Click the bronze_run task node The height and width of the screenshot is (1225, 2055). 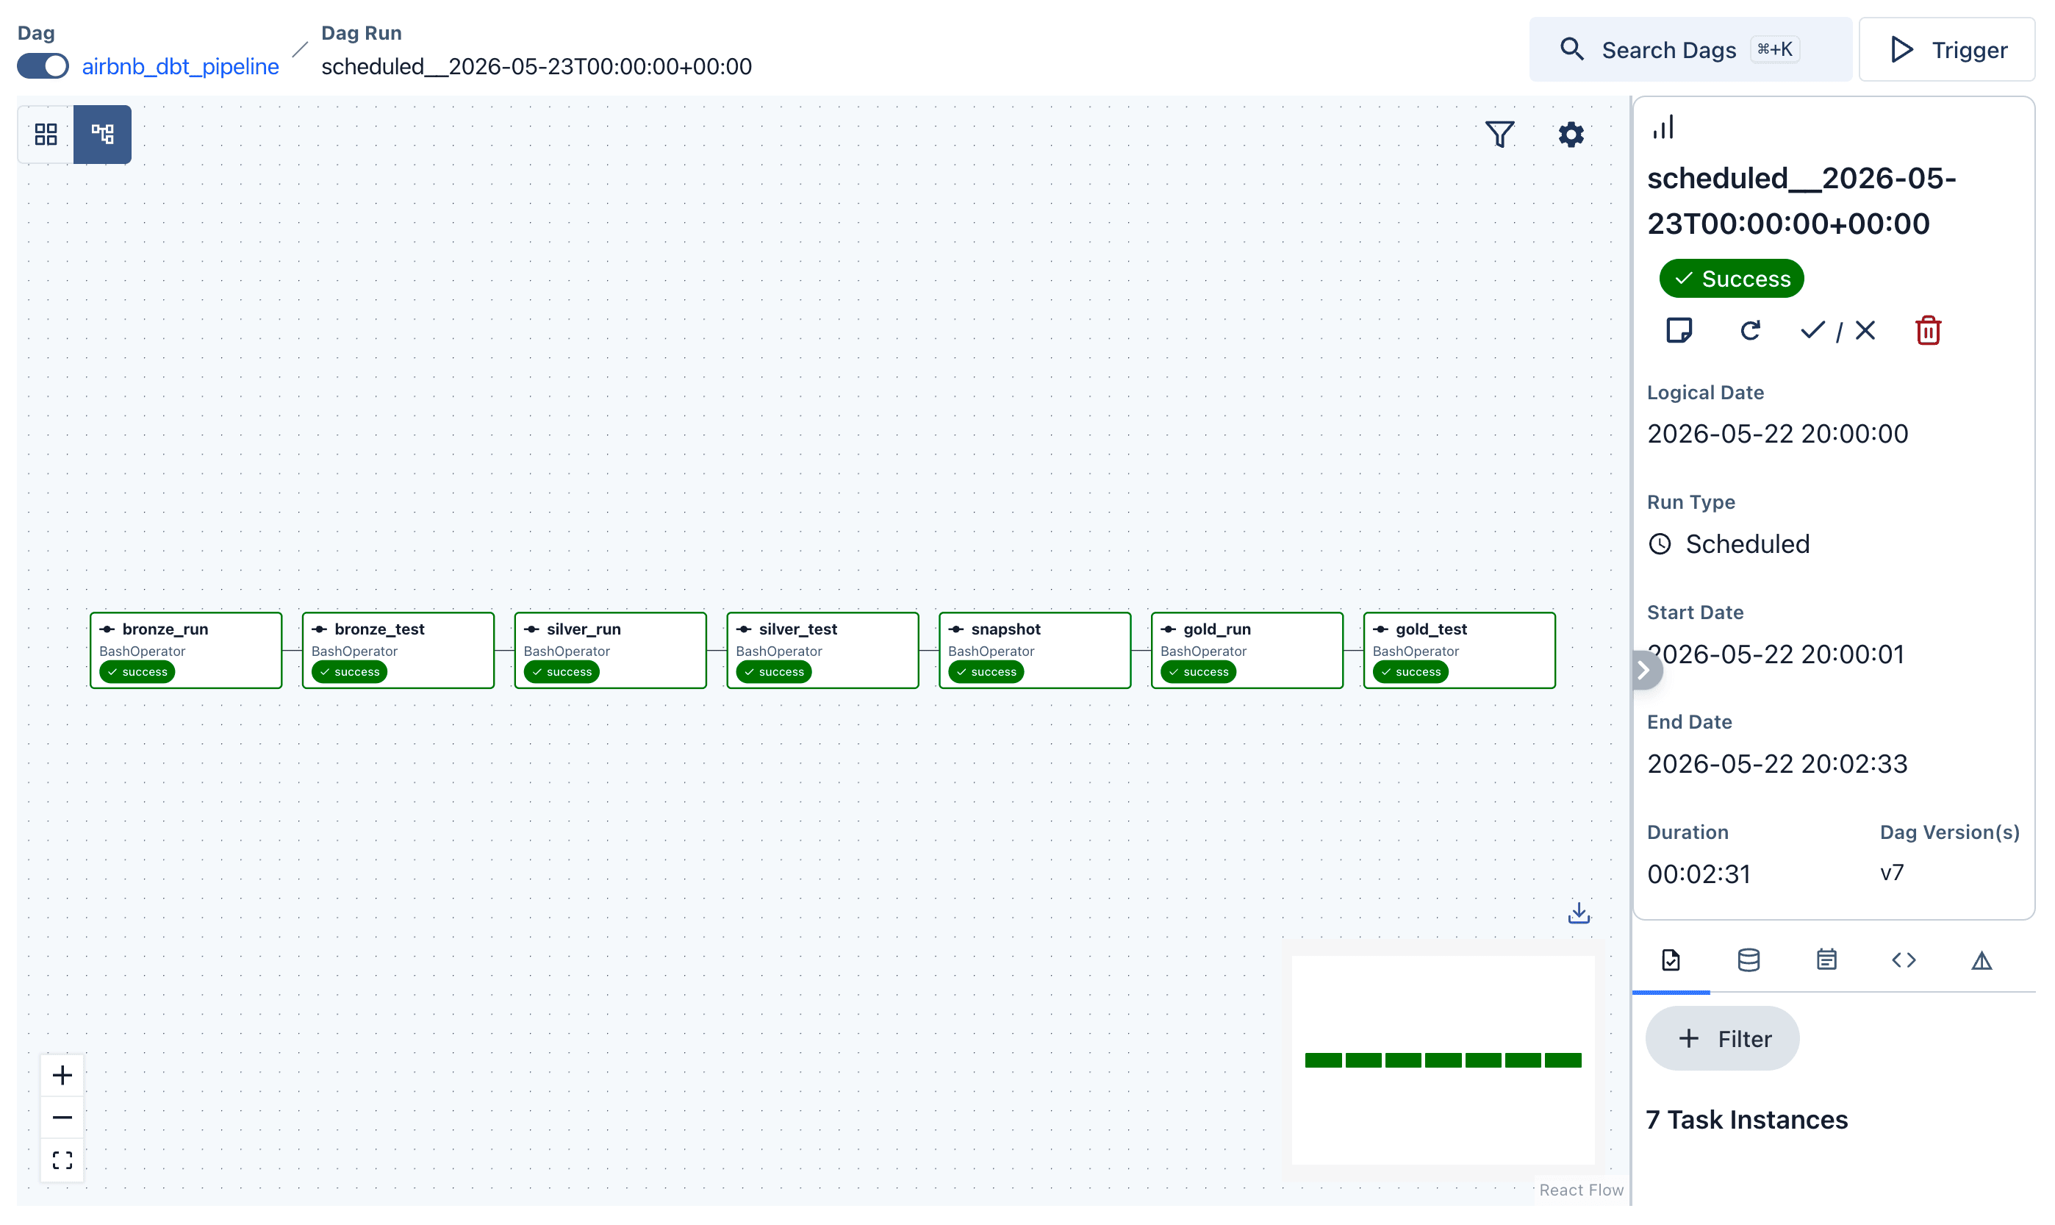(186, 650)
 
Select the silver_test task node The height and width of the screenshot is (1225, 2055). (822, 650)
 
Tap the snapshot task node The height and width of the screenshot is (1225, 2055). (1035, 650)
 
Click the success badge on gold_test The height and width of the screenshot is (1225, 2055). (1410, 672)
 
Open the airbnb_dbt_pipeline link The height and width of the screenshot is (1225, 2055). (181, 66)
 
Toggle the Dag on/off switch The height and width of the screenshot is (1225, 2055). (43, 66)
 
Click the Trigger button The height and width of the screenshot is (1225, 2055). (1947, 49)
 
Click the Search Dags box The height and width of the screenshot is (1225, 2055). (1690, 49)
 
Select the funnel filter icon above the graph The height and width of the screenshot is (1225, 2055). (1500, 134)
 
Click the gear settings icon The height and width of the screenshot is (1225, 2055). (1571, 134)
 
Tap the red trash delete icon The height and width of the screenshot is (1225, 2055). (1928, 330)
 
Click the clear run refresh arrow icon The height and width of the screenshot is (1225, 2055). (1750, 330)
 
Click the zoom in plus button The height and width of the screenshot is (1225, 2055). (62, 1075)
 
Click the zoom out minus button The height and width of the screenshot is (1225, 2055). (62, 1118)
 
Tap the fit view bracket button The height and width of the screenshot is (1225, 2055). (62, 1160)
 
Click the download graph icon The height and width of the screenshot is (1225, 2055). (1579, 913)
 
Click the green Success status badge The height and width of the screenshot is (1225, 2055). (1732, 278)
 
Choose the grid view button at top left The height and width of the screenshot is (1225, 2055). (46, 134)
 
